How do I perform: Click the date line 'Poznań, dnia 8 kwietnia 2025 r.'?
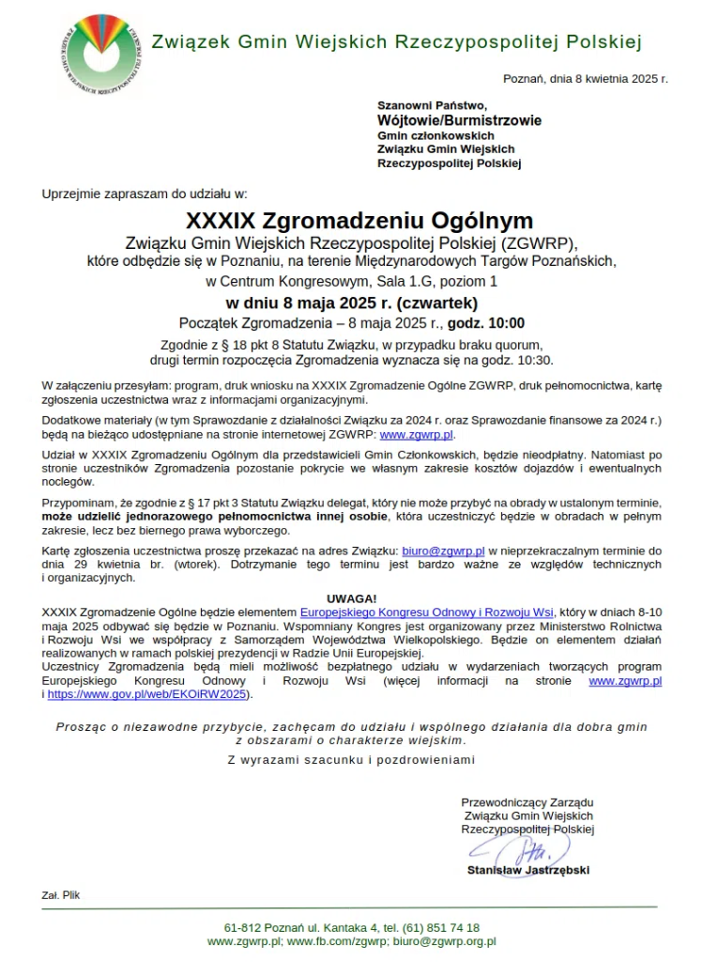coord(586,78)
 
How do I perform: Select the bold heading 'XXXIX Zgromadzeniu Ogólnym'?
coord(359,221)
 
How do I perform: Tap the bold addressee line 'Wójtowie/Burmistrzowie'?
coord(459,120)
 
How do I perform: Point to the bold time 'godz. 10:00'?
coord(486,323)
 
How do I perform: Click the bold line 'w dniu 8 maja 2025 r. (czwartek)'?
coord(352,303)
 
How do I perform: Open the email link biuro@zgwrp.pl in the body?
coord(443,551)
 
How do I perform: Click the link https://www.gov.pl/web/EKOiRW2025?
coord(148,694)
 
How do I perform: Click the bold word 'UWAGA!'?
coord(352,598)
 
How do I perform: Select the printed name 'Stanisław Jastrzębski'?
coord(528,870)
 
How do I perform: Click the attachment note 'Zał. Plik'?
coord(60,894)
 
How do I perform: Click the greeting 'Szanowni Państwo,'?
coord(432,105)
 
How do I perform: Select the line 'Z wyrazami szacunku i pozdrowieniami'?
coord(352,759)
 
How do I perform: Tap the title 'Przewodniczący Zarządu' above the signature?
coord(527,802)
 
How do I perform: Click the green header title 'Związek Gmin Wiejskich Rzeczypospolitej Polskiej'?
coord(396,41)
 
